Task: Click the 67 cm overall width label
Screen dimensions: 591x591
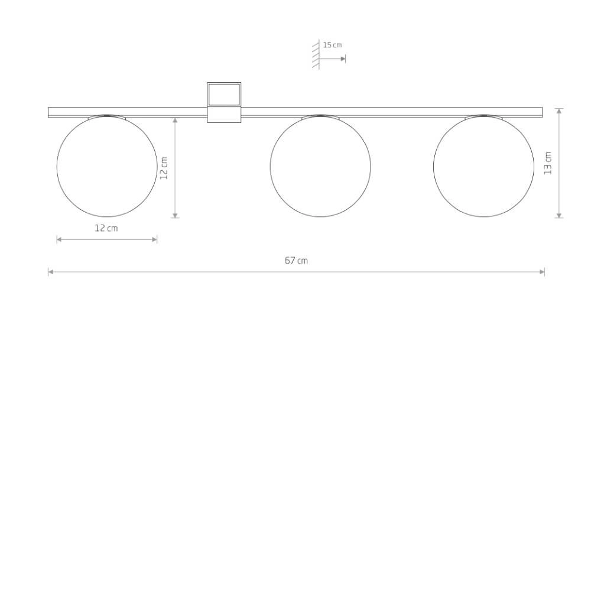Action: (x=296, y=261)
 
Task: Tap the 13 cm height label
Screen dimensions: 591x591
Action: (x=548, y=163)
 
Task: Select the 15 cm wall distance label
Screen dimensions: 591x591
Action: (x=332, y=45)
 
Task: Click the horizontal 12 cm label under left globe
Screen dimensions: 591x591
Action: (x=106, y=228)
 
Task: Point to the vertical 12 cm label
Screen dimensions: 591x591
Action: (x=164, y=168)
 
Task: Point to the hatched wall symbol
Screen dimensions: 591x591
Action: (x=316, y=55)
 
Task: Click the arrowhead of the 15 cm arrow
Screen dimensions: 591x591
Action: (x=343, y=59)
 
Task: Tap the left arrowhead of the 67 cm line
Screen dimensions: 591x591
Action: (x=51, y=272)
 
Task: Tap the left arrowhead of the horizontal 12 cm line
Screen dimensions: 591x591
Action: (x=59, y=239)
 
